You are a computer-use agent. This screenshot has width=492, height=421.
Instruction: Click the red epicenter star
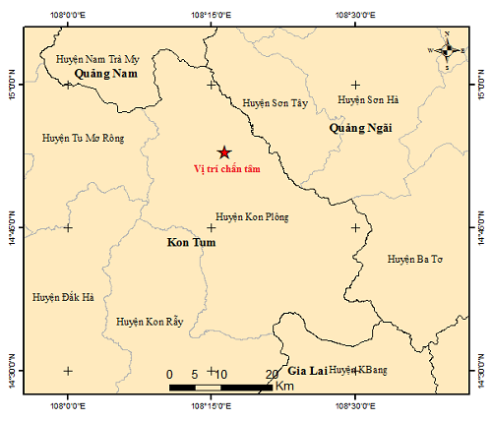224,151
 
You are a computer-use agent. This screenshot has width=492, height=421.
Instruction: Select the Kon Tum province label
191,241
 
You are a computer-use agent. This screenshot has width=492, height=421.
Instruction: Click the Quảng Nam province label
105,74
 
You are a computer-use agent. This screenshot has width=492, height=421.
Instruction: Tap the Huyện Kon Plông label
252,216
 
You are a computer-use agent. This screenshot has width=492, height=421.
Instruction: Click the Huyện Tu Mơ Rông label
84,139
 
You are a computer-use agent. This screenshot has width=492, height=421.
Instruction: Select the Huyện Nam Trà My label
98,59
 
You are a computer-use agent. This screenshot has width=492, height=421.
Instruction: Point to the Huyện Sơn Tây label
275,102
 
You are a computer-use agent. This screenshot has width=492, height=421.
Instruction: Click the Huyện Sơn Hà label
369,99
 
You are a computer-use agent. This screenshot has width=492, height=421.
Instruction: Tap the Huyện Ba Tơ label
415,259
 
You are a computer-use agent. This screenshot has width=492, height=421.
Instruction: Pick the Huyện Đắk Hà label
63,296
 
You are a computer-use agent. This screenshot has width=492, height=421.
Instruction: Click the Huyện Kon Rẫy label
150,322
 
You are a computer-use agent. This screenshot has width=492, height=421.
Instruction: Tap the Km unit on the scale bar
284,387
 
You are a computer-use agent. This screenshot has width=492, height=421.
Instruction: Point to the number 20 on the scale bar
273,374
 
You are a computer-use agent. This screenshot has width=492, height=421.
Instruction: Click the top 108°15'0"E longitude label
211,16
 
